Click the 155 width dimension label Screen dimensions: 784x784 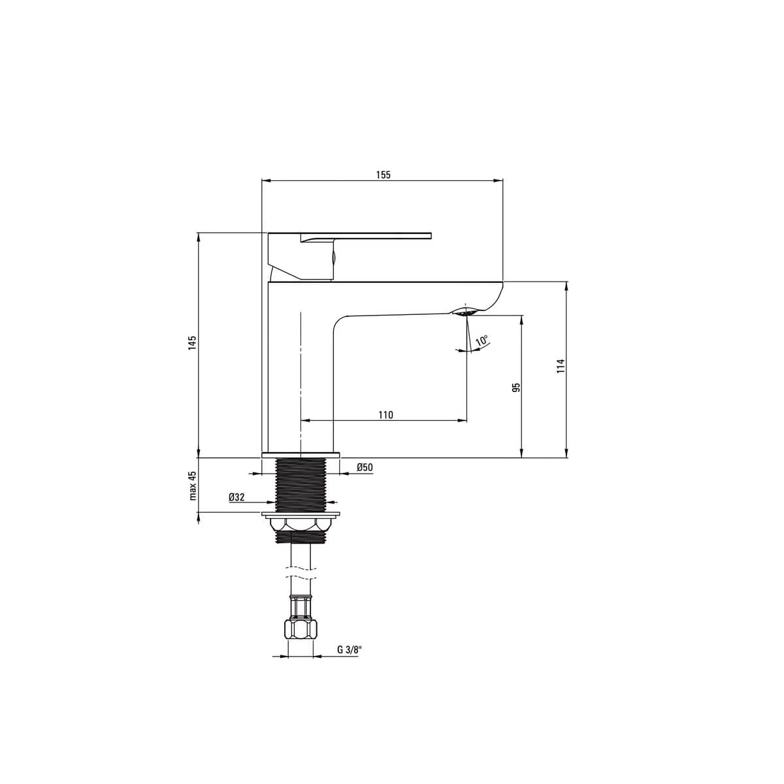(383, 174)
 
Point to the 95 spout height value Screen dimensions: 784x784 (517, 387)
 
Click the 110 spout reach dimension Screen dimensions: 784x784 (385, 415)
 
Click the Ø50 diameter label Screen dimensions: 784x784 (365, 467)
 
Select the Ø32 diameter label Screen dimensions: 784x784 (237, 497)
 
